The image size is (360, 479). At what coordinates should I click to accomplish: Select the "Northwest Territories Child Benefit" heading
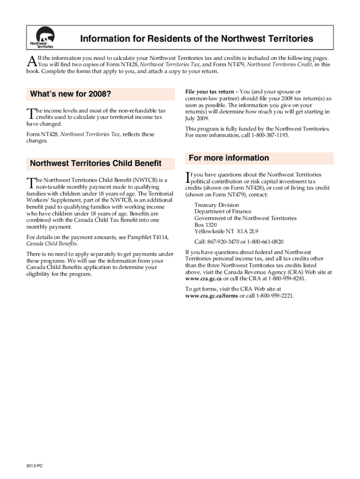click(x=95, y=163)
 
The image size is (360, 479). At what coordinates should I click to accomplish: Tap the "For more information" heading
click(x=229, y=158)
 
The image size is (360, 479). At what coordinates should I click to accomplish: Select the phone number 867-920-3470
click(x=228, y=241)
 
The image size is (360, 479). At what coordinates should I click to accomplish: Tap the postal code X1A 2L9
click(x=247, y=231)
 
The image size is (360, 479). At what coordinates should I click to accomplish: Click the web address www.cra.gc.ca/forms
click(x=212, y=296)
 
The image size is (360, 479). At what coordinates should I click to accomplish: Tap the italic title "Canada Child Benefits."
click(x=52, y=244)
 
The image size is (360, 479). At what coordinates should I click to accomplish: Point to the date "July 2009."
click(x=197, y=118)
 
